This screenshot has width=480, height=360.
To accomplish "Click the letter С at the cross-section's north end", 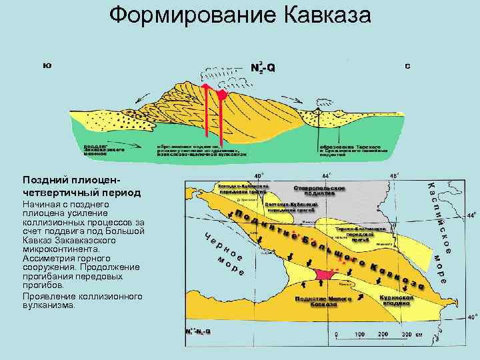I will (407, 67).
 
